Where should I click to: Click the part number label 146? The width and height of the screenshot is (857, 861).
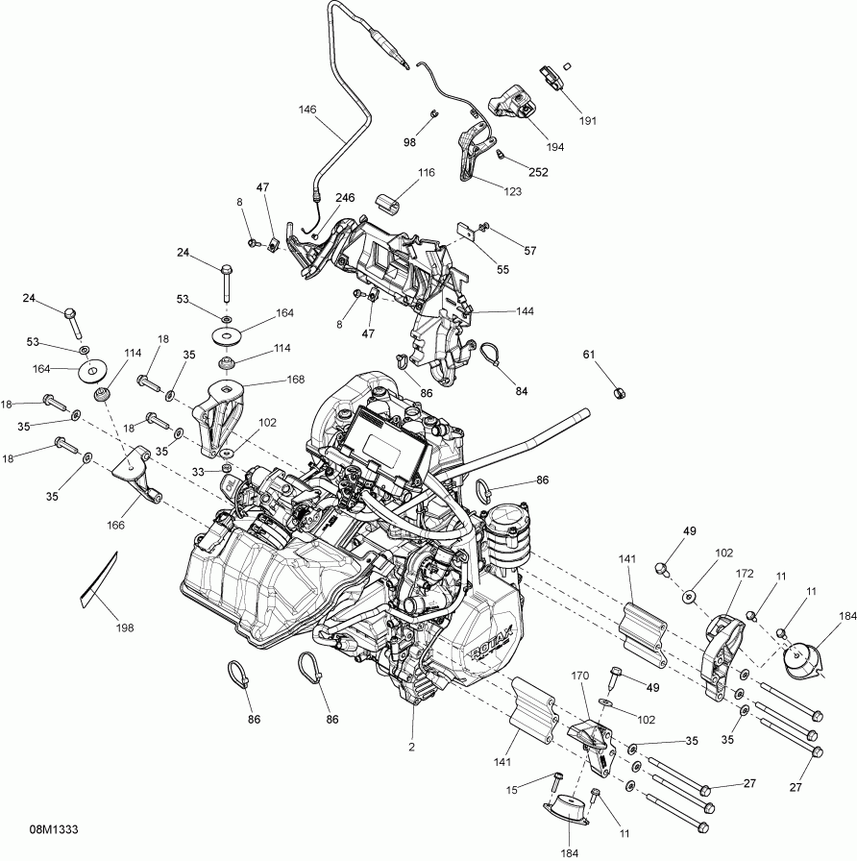tap(306, 111)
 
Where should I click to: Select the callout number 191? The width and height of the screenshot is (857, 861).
tap(587, 121)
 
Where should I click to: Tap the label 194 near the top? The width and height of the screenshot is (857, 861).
tap(554, 147)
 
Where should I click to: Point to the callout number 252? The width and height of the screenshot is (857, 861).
tap(538, 173)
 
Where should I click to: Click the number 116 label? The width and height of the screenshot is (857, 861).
tap(426, 173)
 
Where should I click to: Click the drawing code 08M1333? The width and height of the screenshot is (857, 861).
tap(54, 828)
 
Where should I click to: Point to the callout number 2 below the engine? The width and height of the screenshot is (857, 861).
tap(413, 747)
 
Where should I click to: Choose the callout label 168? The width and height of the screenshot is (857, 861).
tap(295, 380)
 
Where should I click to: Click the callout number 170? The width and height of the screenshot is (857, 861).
tap(578, 676)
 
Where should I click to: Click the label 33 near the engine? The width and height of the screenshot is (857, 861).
tap(198, 472)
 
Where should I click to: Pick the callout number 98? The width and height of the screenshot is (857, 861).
tap(409, 142)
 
